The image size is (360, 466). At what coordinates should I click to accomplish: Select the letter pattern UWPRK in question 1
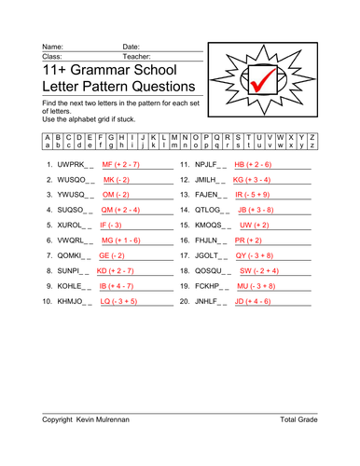coord(72,164)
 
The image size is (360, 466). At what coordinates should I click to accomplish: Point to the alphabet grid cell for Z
coord(312,142)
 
